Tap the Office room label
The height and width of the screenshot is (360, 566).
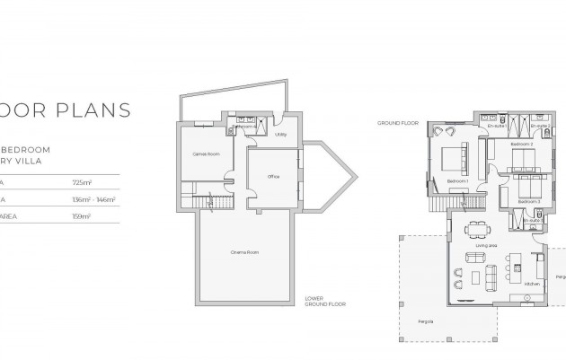(273, 177)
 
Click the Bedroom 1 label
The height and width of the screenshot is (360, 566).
(457, 182)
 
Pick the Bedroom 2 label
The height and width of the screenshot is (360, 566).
(522, 144)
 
